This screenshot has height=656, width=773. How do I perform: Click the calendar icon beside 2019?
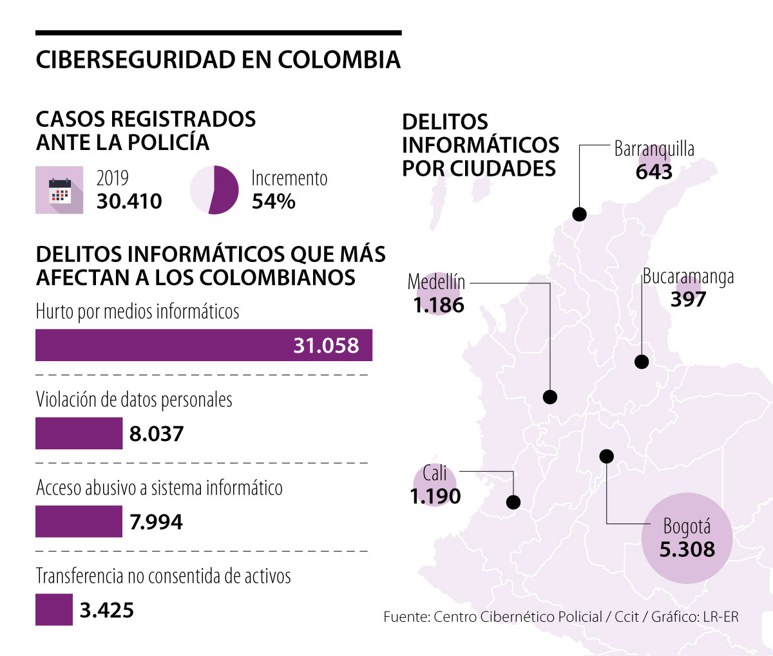59,191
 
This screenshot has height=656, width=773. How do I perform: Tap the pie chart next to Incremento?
215,190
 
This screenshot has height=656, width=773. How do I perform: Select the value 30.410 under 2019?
129,201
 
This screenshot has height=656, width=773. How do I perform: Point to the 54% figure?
274,201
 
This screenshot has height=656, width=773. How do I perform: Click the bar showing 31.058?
204,346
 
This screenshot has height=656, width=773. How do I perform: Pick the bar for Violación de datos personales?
79,433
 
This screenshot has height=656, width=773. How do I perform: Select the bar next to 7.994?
79,521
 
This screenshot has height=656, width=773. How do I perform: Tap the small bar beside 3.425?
54,610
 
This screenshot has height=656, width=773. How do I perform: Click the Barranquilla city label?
654,149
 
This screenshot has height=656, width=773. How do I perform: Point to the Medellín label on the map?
436,282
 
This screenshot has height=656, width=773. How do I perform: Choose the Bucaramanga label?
689,277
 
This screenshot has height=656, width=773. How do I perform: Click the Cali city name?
435,474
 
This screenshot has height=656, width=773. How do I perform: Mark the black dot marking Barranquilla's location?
579,214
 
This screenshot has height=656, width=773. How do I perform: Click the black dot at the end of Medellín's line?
550,397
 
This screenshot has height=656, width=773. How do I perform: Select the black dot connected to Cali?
513,502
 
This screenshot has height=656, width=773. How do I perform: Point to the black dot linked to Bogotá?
606,456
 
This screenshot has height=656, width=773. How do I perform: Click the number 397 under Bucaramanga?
688,299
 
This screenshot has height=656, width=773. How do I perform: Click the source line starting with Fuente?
560,617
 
